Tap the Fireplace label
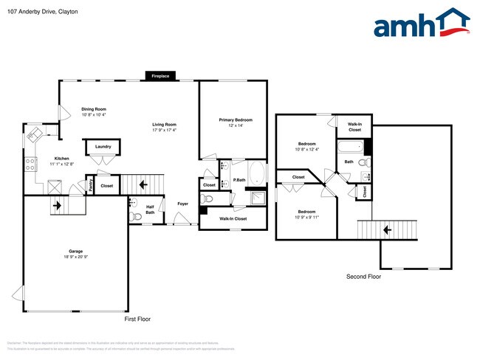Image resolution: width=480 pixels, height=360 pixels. [x=160, y=76]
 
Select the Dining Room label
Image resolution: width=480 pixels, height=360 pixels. [x=94, y=109]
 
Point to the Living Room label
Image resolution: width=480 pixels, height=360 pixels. [x=164, y=125]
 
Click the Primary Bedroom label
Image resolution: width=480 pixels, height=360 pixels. [x=235, y=120]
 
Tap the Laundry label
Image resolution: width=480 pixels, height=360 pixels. [x=103, y=147]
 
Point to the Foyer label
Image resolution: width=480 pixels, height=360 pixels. [x=182, y=203]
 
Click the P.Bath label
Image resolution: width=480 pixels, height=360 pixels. [x=239, y=180]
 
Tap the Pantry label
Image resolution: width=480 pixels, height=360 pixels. [x=90, y=185]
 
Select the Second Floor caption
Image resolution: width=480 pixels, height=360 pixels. [x=363, y=277]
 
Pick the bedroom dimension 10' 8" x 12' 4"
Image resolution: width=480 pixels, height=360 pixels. [x=306, y=150]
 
